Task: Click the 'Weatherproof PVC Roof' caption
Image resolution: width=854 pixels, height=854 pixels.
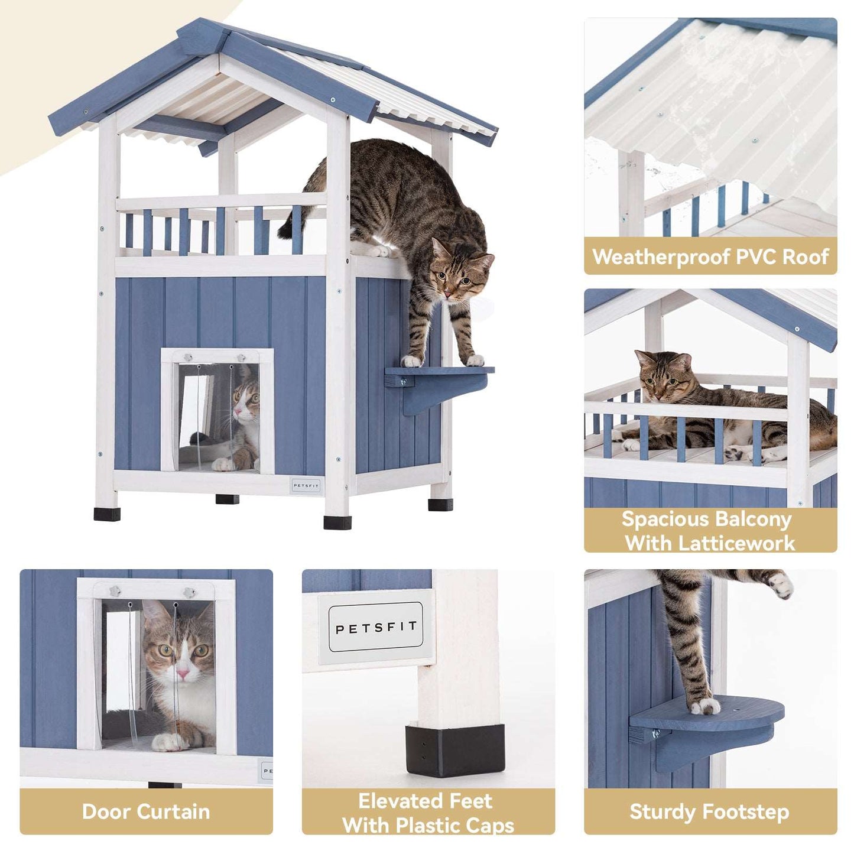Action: click(x=710, y=256)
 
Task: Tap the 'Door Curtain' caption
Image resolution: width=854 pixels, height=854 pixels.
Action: click(x=146, y=811)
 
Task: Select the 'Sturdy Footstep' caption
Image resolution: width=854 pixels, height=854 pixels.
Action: click(x=709, y=811)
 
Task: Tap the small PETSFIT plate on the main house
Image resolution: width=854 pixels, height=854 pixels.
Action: click(x=306, y=486)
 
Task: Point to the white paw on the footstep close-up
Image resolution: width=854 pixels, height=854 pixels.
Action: click(x=705, y=705)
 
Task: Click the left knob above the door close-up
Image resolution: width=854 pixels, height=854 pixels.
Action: click(x=116, y=590)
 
